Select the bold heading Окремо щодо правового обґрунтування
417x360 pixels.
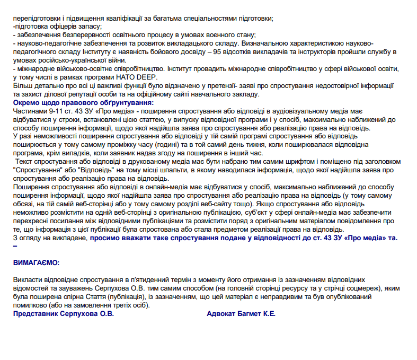point(83,102)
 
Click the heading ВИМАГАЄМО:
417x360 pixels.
point(37,262)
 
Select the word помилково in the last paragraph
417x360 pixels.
point(30,305)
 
